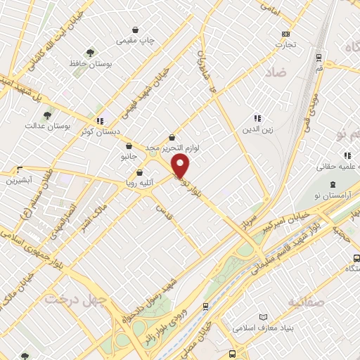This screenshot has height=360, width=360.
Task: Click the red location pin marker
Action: point(181,166)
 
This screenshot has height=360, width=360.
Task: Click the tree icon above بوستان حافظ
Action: point(89,52)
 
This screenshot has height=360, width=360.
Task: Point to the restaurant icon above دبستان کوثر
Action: point(100,120)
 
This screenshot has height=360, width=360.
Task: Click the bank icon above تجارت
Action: point(285,34)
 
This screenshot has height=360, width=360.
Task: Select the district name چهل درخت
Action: point(70,299)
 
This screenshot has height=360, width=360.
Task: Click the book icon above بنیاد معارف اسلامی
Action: point(264,317)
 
